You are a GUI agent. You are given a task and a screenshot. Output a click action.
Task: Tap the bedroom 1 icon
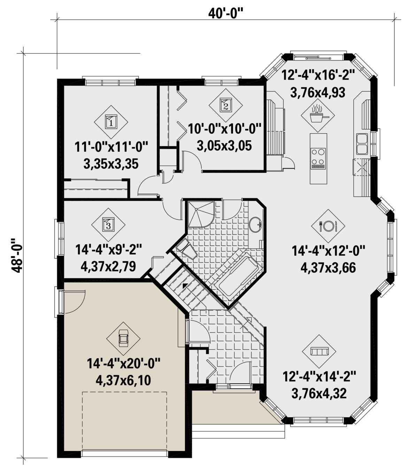click(x=111, y=122)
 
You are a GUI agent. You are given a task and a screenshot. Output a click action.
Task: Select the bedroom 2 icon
click(x=225, y=105)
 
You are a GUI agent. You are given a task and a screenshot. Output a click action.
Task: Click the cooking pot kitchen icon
click(x=318, y=115)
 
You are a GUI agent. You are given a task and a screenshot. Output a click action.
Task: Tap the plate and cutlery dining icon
click(x=328, y=226)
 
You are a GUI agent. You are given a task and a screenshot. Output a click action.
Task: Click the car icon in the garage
click(x=123, y=338)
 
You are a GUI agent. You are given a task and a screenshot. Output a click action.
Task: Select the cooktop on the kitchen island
click(x=318, y=158)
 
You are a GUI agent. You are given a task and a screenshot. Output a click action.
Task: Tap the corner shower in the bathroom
click(x=201, y=214)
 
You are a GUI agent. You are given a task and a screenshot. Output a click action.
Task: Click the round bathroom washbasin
click(x=255, y=225)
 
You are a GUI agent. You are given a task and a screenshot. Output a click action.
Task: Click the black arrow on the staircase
click(x=185, y=285)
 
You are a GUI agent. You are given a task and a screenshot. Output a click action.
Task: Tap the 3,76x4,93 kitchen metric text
click(x=318, y=93)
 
